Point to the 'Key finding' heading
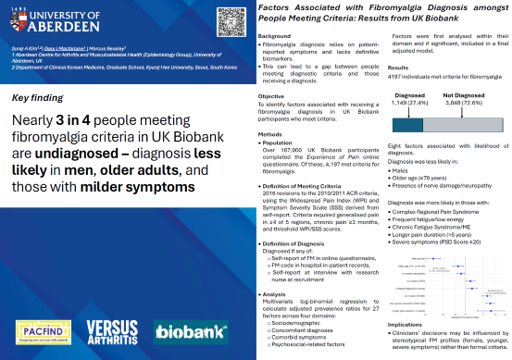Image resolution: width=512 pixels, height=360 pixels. (37, 97)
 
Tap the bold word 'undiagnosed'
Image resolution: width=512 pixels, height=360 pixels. (63, 158)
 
